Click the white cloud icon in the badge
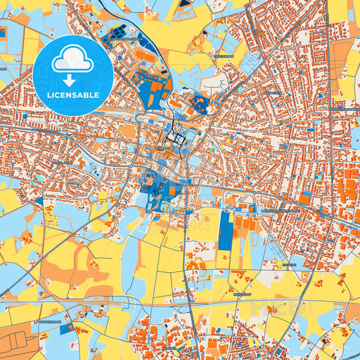coord(73,60)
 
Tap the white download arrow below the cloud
coord(73,79)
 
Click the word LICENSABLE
coord(73,95)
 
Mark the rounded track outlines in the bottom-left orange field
coord(17,338)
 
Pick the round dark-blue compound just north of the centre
coord(201,103)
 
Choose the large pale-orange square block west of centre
coord(129,131)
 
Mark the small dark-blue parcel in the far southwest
coord(39,201)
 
